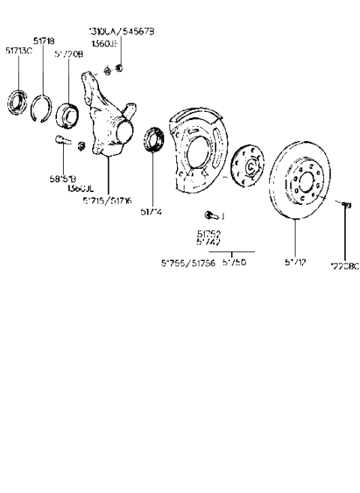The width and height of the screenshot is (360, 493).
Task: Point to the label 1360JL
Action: tap(78, 188)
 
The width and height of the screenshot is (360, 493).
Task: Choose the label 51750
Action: tap(234, 263)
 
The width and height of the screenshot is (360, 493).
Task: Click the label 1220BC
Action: tap(345, 265)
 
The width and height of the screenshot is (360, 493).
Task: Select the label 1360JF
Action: tap(103, 45)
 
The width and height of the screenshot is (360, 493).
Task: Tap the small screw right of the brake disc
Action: tap(346, 203)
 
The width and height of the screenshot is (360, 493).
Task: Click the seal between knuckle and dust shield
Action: tap(154, 141)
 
